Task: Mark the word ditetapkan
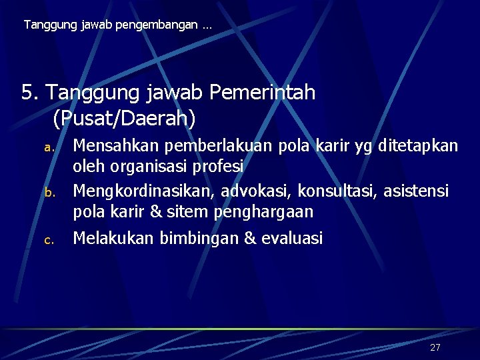click(x=418, y=145)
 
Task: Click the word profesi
click(x=221, y=165)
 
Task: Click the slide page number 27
click(x=435, y=347)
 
